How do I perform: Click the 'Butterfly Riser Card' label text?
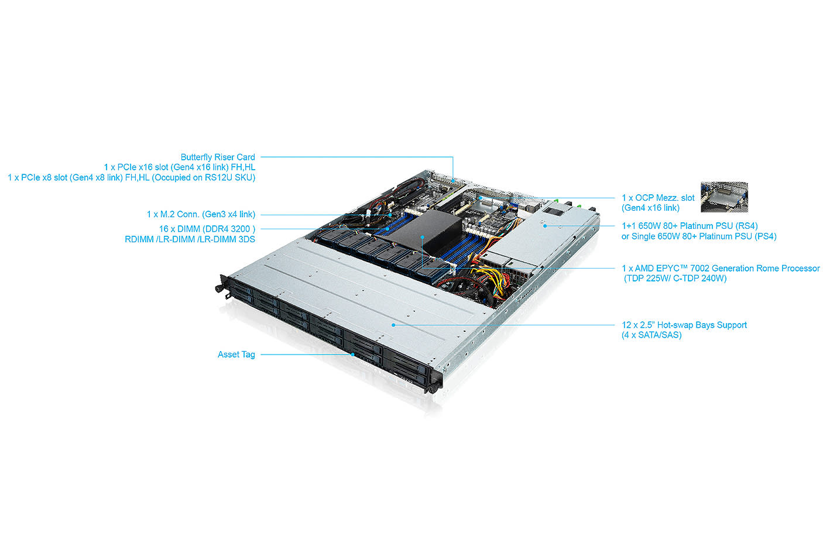click(x=218, y=157)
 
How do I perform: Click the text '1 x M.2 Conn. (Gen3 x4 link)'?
click(x=201, y=214)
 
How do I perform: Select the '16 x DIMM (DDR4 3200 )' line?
click(x=207, y=229)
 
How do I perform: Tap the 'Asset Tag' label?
click(x=236, y=354)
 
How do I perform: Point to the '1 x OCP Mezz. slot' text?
click(x=658, y=198)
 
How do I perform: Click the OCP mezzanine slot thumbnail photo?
click(x=724, y=197)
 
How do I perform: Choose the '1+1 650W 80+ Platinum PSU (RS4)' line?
click(x=690, y=226)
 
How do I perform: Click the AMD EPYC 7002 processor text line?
click(x=721, y=268)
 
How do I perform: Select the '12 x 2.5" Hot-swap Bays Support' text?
click(x=684, y=325)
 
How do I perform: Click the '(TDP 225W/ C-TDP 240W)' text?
click(x=675, y=279)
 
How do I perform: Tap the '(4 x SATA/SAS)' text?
click(x=651, y=335)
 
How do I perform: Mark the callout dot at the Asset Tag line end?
click(x=353, y=355)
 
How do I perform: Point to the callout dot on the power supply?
click(x=544, y=225)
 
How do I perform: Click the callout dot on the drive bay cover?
click(x=393, y=325)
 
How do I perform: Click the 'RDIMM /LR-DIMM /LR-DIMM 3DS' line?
click(x=190, y=239)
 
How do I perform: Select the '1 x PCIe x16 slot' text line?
click(x=180, y=167)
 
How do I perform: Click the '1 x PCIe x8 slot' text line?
click(x=132, y=177)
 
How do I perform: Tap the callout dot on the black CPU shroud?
click(x=422, y=237)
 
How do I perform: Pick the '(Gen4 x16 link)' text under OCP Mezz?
click(x=650, y=208)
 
